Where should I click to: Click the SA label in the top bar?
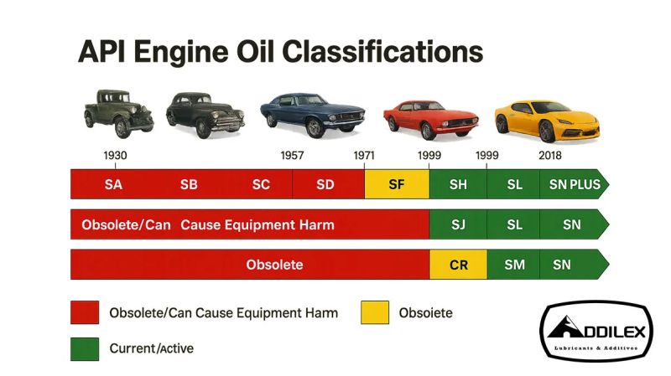click(x=113, y=184)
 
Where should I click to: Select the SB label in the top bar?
click(x=189, y=184)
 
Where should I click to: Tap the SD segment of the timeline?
click(x=325, y=184)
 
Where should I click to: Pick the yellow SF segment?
click(x=397, y=184)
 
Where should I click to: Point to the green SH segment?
click(x=458, y=184)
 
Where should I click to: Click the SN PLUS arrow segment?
click(x=575, y=184)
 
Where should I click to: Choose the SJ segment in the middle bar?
click(x=458, y=224)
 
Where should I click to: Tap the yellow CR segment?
click(x=459, y=265)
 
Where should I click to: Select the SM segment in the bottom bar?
click(x=515, y=265)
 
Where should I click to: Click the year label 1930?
click(x=116, y=156)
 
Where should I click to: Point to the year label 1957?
click(x=292, y=156)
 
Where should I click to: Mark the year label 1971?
click(x=364, y=156)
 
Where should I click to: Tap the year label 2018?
click(x=551, y=156)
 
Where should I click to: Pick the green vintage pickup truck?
click(x=118, y=111)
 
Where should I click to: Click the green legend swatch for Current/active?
click(x=84, y=348)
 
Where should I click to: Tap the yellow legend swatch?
click(x=375, y=313)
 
